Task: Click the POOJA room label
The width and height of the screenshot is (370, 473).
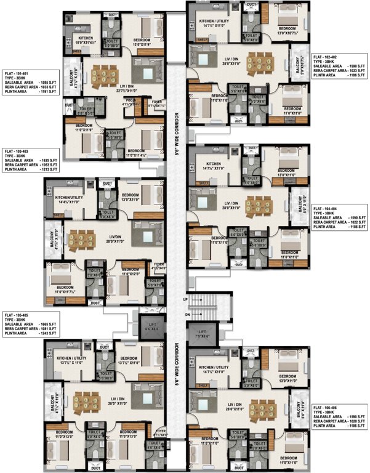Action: click(x=129, y=103)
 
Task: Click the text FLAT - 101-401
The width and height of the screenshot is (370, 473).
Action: click(x=18, y=73)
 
